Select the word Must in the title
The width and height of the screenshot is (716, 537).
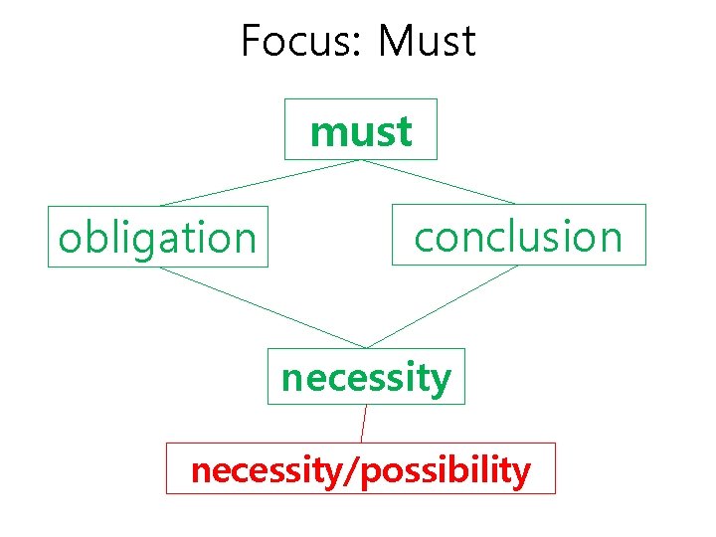coord(428,42)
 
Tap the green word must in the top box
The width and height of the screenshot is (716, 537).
coord(361,131)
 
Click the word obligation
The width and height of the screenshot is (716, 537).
coord(157,239)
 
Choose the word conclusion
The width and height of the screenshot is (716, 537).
coord(518,237)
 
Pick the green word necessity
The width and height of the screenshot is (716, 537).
coord(366,378)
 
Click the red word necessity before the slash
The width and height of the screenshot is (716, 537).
coord(265,469)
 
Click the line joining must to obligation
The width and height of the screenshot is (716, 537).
coord(259,182)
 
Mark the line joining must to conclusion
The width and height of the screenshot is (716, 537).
coord(438,182)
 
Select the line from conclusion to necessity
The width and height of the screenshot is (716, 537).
coord(443,306)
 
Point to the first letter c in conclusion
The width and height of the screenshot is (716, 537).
coord(425,239)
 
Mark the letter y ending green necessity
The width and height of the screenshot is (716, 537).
coord(442,382)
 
